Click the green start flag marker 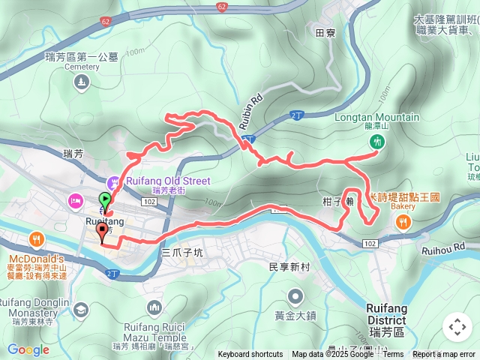pos(105,200)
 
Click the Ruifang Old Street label pos(169,180)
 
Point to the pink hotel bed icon pos(75,200)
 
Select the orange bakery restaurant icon pos(403,221)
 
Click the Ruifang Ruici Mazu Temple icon pos(154,307)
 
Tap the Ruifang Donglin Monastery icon pos(80,309)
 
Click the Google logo pos(28,349)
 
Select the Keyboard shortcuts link pos(250,355)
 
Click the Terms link pos(393,355)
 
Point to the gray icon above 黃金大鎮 pos(296,295)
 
